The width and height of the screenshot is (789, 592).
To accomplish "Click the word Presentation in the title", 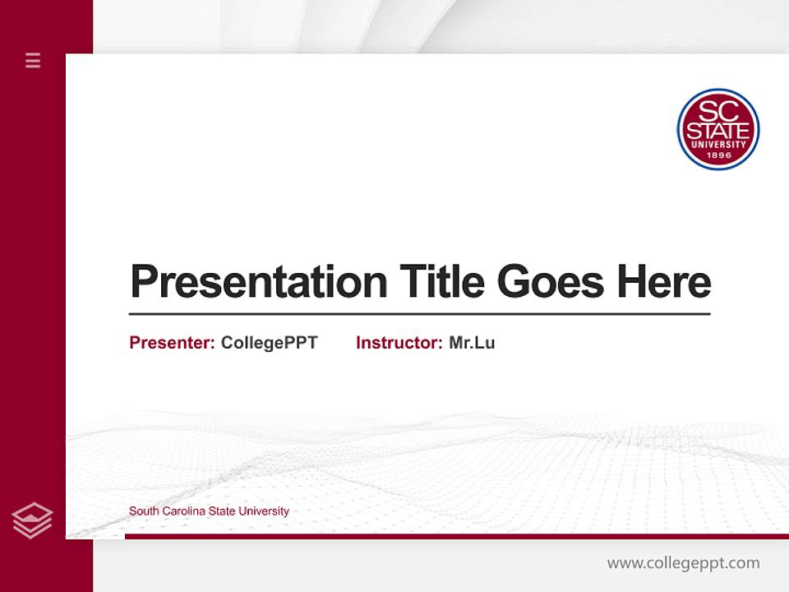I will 258,282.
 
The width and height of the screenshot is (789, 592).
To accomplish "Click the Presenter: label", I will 172,343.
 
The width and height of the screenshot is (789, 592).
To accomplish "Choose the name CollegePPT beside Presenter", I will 269,343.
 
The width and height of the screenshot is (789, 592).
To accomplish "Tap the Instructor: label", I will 399,343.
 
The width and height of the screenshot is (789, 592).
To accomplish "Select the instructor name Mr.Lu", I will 472,343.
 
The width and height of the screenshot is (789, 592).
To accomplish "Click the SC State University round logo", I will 717,129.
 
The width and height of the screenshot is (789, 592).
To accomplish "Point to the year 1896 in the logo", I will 718,155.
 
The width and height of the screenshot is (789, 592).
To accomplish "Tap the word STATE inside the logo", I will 717,132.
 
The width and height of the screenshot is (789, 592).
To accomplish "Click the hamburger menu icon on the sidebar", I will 33,60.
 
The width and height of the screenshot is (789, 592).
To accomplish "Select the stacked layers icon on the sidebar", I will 32,520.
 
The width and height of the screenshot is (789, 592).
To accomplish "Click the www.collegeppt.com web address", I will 683,563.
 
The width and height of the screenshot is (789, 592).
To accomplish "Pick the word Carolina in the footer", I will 182,511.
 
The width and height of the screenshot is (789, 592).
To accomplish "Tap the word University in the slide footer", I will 264,511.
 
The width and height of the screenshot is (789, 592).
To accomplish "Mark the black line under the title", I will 419,313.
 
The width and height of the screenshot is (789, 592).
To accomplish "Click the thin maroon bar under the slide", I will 456,536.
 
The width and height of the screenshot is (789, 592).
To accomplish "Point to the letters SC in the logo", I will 717,110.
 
